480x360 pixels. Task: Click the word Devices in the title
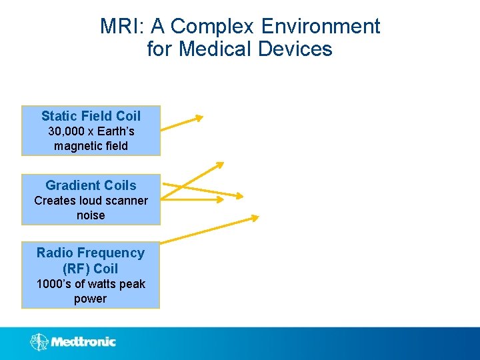tap(297, 49)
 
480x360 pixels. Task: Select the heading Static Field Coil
tap(91, 116)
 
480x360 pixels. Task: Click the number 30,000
tap(71, 131)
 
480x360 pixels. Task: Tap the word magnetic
tap(77, 145)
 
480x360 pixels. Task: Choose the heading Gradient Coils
tap(91, 185)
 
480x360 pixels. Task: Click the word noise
tap(91, 215)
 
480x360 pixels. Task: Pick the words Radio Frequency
tap(91, 253)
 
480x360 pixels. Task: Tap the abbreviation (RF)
tap(75, 269)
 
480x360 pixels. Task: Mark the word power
tap(91, 299)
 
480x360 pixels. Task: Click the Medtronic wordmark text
tap(83, 342)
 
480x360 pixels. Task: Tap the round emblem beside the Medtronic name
tap(39, 342)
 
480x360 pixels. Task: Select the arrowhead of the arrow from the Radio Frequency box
tap(254, 217)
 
